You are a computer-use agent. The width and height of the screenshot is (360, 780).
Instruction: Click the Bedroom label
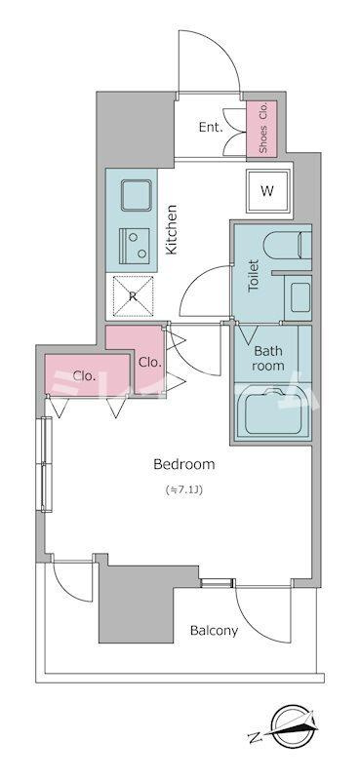click(x=184, y=465)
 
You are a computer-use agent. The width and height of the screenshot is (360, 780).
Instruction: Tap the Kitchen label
click(x=172, y=230)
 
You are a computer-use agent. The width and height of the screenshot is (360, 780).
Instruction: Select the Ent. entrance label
click(x=211, y=128)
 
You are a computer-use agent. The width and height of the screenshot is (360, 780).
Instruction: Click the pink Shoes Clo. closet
click(x=262, y=128)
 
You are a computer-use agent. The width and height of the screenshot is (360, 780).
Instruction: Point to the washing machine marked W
click(x=268, y=190)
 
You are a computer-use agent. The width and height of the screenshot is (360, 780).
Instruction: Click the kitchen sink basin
click(x=136, y=195)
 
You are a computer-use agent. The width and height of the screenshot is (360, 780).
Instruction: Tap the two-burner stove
click(x=136, y=246)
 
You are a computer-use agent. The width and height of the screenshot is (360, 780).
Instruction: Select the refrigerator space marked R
click(x=133, y=296)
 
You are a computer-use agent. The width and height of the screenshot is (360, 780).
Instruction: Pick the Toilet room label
click(x=253, y=275)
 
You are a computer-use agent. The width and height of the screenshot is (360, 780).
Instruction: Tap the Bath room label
click(x=268, y=358)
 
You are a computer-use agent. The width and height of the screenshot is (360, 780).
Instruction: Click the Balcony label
click(x=214, y=631)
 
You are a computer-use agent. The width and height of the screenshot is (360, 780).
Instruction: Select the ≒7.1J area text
click(x=183, y=489)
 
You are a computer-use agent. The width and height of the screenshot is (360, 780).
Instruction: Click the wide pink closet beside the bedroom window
click(x=87, y=375)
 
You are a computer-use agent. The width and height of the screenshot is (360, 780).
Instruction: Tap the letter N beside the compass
click(x=254, y=735)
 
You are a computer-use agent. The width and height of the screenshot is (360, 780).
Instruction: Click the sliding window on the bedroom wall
click(x=46, y=464)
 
